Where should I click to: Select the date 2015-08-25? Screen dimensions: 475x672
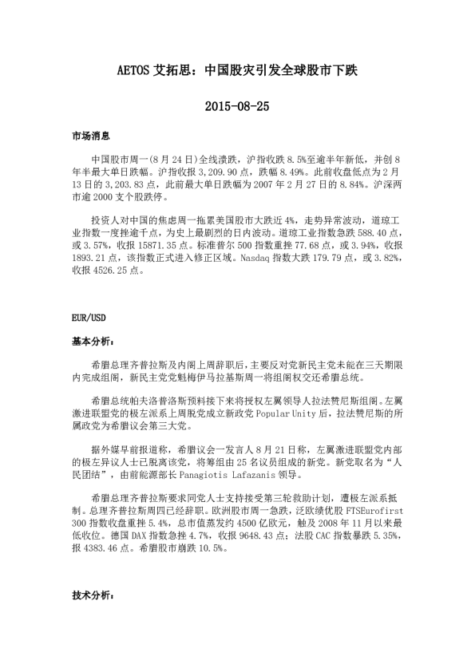237,105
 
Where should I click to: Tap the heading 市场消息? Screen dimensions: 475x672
89,136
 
